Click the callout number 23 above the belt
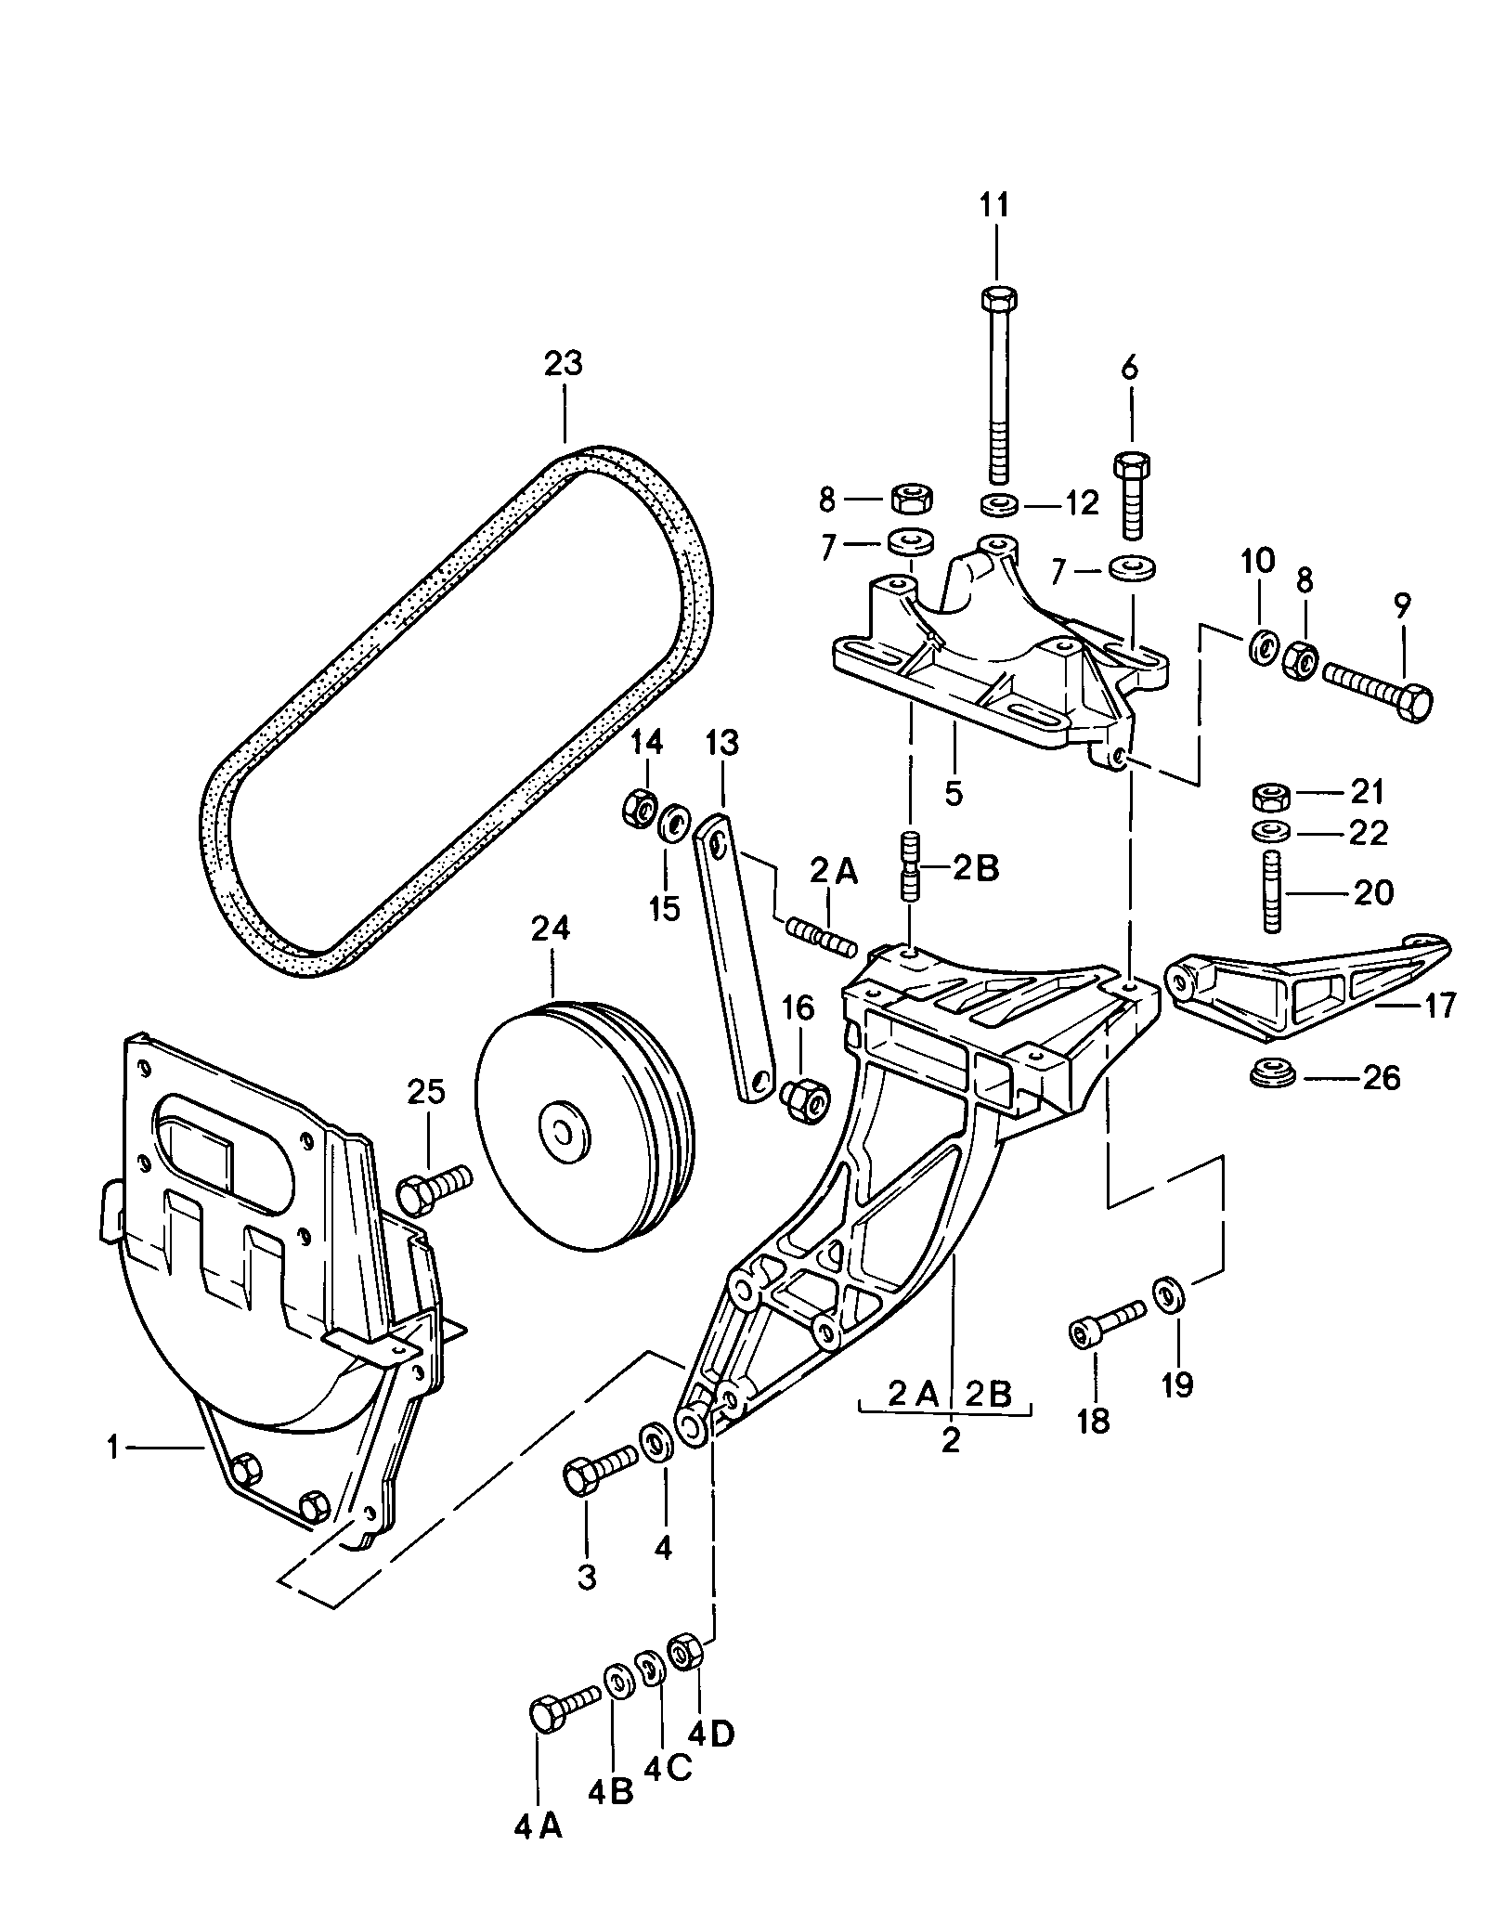click(x=564, y=363)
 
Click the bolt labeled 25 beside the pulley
click(x=434, y=1190)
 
